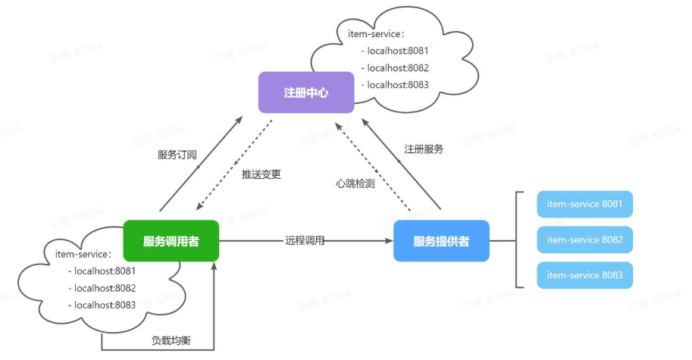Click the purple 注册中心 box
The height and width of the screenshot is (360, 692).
(x=305, y=92)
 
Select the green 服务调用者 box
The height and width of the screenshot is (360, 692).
(x=171, y=241)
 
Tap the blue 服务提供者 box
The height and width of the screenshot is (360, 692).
(x=441, y=241)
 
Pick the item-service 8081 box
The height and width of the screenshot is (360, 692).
(x=584, y=205)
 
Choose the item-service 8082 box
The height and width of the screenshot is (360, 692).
(x=584, y=239)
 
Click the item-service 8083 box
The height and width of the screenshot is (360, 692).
(x=584, y=275)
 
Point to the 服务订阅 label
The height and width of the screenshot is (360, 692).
(x=177, y=155)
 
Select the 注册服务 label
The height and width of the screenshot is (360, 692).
(x=424, y=149)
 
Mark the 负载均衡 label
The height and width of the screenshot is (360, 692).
(x=171, y=340)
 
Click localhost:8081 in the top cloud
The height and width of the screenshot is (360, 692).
(x=398, y=51)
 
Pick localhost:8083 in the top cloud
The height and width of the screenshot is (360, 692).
(x=398, y=84)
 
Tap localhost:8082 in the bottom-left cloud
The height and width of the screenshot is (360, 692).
(x=105, y=288)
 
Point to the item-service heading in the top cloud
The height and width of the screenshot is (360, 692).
(x=376, y=34)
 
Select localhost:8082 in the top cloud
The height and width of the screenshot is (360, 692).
(x=398, y=67)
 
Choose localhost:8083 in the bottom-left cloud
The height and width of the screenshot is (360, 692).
(x=105, y=305)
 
